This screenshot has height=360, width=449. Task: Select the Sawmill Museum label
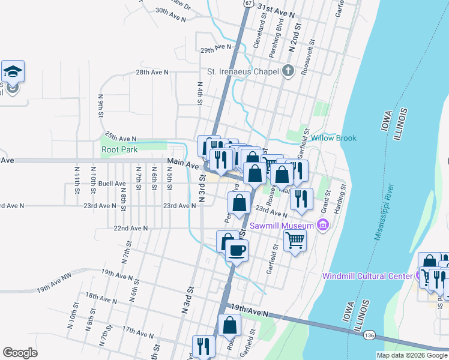tap(282, 226)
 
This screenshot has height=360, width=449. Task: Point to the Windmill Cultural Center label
tap(367, 276)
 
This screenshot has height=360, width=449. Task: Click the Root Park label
tap(119, 149)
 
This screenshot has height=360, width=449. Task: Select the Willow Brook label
tap(334, 138)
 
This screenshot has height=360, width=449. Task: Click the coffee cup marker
tap(237, 250)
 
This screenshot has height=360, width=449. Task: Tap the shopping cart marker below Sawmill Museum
tap(295, 241)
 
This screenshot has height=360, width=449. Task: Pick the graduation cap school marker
tap(13, 72)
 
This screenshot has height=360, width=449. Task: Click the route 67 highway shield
tap(248, 3)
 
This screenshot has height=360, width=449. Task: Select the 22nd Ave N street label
tap(130, 228)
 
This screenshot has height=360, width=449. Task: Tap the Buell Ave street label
tap(112, 184)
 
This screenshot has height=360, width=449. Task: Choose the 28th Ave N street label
tap(152, 72)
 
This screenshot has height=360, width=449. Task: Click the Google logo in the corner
tap(20, 353)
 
